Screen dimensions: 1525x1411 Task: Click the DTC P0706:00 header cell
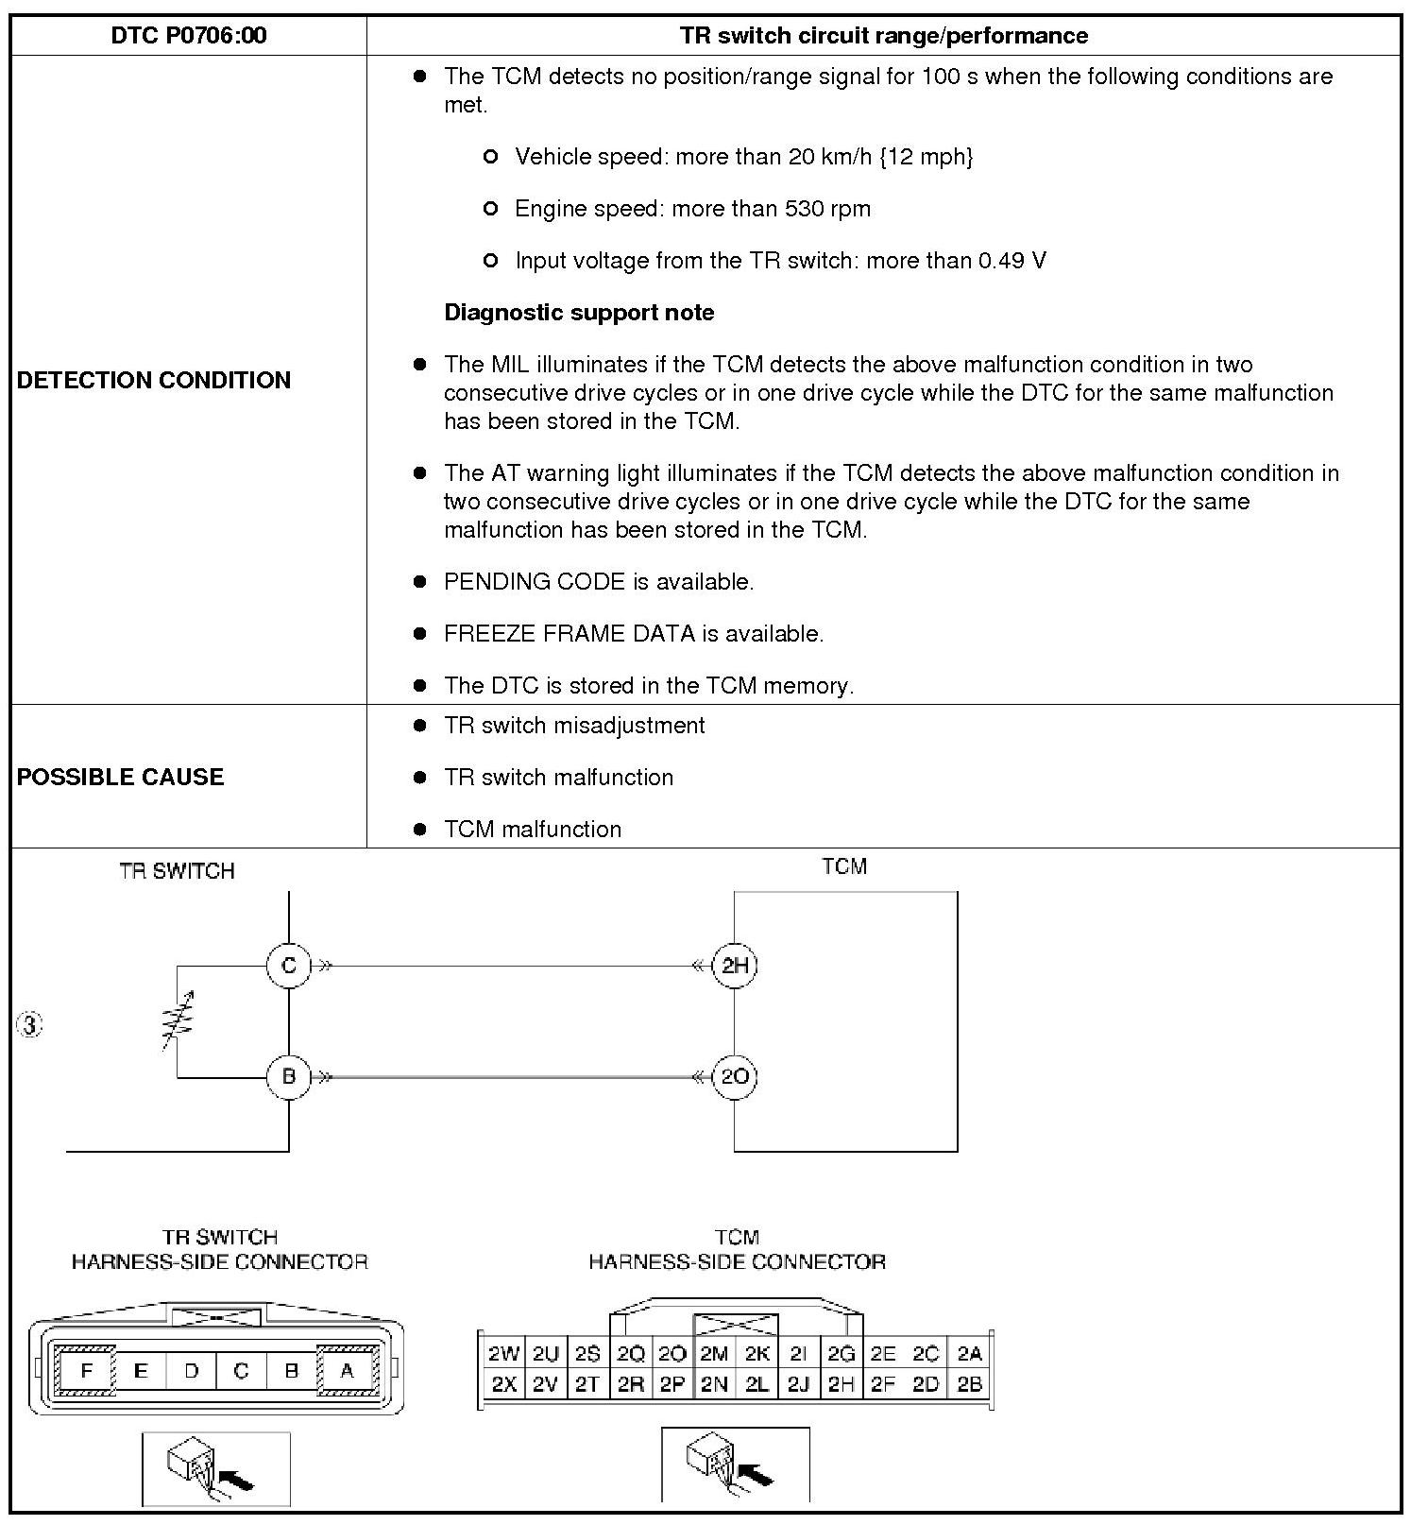click(x=189, y=36)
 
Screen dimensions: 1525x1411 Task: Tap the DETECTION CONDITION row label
click(x=154, y=380)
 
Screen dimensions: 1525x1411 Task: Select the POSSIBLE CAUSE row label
click(x=121, y=777)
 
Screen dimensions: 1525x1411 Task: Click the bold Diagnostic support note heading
click(x=579, y=313)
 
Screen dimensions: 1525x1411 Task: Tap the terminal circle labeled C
click(x=289, y=966)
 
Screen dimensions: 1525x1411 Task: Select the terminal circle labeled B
click(x=289, y=1076)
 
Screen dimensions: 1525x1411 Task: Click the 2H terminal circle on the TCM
click(x=735, y=966)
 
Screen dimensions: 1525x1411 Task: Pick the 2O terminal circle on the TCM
click(x=735, y=1076)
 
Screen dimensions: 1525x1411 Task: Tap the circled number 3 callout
click(x=30, y=1025)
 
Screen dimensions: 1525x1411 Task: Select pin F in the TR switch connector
click(x=87, y=1370)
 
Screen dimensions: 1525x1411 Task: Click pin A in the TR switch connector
click(x=347, y=1370)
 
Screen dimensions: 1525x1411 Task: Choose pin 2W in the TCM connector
click(x=503, y=1354)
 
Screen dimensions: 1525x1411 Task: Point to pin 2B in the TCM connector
click(x=970, y=1384)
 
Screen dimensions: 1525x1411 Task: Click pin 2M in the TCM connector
click(x=713, y=1354)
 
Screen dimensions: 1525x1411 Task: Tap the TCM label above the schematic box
click(x=844, y=866)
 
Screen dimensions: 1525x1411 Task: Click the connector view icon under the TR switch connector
click(x=215, y=1468)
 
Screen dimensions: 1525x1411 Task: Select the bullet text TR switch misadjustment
click(x=574, y=726)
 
